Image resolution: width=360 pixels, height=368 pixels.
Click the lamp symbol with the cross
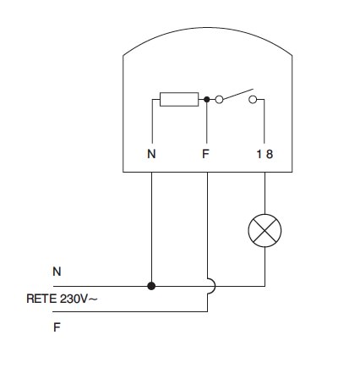[x=265, y=230]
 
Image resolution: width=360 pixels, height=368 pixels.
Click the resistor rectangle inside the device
[x=179, y=99]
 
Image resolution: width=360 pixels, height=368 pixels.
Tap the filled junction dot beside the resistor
[x=207, y=99]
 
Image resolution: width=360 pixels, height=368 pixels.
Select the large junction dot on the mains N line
[x=151, y=286]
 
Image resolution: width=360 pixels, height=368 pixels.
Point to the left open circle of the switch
[x=219, y=99]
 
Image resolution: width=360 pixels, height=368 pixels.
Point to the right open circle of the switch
[x=253, y=99]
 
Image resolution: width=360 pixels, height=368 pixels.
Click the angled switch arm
[x=238, y=94]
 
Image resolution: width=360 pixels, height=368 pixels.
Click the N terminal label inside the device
[x=151, y=154]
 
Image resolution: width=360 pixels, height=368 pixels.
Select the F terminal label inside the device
[x=205, y=154]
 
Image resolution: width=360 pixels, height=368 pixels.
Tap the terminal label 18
[x=265, y=154]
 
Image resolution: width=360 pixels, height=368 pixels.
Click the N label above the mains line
[x=57, y=272]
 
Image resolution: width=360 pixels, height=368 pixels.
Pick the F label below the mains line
[x=57, y=327]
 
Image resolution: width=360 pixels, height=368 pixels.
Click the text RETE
[x=41, y=299]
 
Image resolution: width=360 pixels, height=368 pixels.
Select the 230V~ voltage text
[x=79, y=299]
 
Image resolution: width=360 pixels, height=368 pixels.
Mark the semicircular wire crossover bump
[x=215, y=286]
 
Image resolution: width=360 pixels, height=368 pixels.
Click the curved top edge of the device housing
[x=208, y=28]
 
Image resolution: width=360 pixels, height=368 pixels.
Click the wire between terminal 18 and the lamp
[x=265, y=193]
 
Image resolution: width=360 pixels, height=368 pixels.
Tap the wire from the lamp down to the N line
[x=265, y=266]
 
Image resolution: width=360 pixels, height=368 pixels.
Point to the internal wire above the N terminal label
[x=152, y=121]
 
